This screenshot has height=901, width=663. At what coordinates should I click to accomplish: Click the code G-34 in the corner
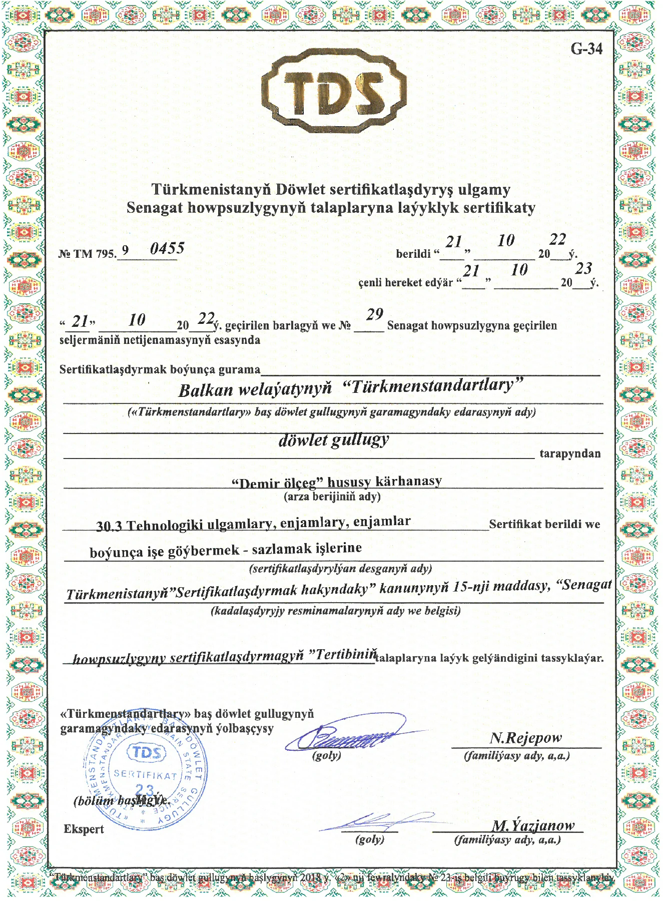[x=586, y=49]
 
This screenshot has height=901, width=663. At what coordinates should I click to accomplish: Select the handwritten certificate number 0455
[x=167, y=248]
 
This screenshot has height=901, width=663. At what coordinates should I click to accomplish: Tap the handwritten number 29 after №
[x=374, y=315]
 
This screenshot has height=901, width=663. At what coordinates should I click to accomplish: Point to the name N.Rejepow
[x=525, y=738]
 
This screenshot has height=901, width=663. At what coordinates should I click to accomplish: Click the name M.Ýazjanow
[x=533, y=825]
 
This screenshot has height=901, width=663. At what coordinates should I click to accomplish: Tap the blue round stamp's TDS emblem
[x=147, y=752]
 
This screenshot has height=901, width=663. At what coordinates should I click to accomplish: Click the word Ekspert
[x=84, y=829]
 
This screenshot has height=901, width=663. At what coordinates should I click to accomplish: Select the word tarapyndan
[x=569, y=454]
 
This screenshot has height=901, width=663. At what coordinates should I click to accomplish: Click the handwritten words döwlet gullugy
[x=333, y=440]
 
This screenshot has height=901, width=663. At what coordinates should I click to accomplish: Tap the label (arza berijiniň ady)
[x=332, y=497]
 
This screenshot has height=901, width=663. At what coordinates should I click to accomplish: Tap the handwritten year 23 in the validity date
[x=583, y=269]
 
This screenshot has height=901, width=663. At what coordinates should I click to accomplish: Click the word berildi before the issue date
[x=413, y=254]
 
